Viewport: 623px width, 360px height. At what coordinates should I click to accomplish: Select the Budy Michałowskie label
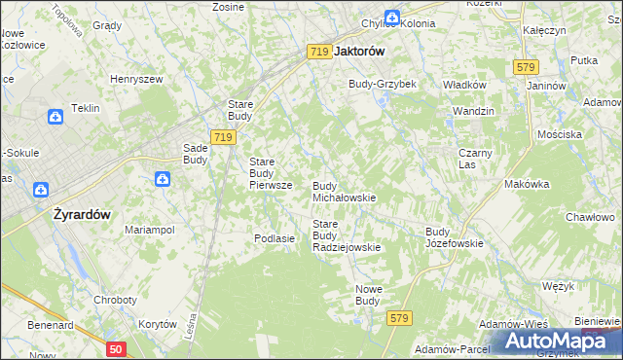tap(344, 192)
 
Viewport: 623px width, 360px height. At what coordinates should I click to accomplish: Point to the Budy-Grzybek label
tap(383, 85)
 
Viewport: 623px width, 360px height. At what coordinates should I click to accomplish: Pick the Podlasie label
tap(274, 238)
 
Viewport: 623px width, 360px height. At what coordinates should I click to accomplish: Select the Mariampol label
tap(149, 230)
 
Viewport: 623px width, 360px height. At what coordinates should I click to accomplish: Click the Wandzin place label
tap(473, 112)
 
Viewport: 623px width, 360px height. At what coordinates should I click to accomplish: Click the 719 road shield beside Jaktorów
tap(318, 53)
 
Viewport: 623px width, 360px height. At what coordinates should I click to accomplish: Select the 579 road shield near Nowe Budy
tap(399, 318)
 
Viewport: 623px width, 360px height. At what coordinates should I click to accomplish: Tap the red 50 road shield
tap(116, 348)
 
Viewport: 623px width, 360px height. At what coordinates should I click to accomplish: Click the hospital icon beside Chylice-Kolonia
tap(390, 18)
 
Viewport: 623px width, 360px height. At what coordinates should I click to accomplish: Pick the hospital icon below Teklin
tap(55, 117)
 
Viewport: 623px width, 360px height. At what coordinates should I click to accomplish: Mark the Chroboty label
tap(115, 301)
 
